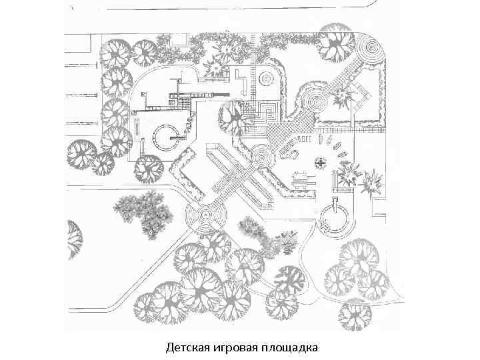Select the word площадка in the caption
(291, 348)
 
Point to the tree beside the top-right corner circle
(335, 41)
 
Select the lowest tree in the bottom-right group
(354, 315)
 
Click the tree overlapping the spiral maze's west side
(234, 117)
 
